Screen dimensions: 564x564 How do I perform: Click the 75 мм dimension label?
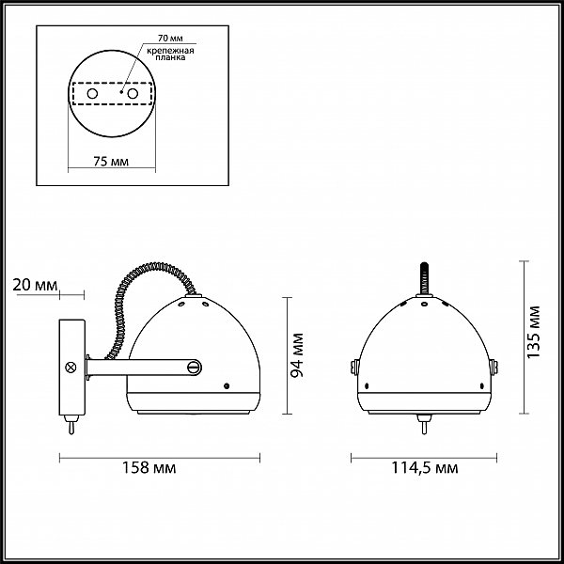pyautogui.click(x=111, y=162)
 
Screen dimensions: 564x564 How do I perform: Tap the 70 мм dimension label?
pyautogui.click(x=170, y=38)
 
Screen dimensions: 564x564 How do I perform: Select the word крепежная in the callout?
pyautogui.click(x=170, y=51)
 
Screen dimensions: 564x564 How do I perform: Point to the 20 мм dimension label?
pyautogui.click(x=35, y=285)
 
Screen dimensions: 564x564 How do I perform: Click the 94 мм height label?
pyautogui.click(x=297, y=355)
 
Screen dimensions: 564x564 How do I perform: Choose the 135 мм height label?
pyautogui.click(x=533, y=332)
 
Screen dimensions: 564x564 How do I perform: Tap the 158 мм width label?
pyautogui.click(x=149, y=467)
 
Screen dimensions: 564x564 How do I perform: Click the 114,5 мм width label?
pyautogui.click(x=425, y=468)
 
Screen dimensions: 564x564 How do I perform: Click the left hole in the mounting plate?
pyautogui.click(x=92, y=94)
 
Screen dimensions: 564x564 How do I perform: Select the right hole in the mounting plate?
pyautogui.click(x=133, y=94)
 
